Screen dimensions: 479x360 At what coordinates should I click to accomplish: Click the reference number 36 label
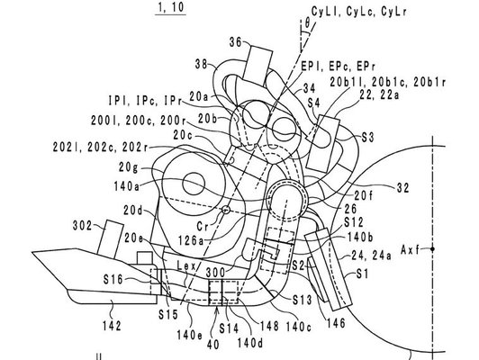(236, 42)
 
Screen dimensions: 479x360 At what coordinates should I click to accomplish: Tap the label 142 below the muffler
(112, 326)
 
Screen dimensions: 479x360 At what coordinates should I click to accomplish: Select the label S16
(113, 279)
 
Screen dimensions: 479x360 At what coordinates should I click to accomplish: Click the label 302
(83, 226)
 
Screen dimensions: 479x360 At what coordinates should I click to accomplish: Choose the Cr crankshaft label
(203, 226)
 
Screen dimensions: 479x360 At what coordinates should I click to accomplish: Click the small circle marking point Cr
(226, 210)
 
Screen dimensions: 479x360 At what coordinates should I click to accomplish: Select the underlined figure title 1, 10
(171, 7)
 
